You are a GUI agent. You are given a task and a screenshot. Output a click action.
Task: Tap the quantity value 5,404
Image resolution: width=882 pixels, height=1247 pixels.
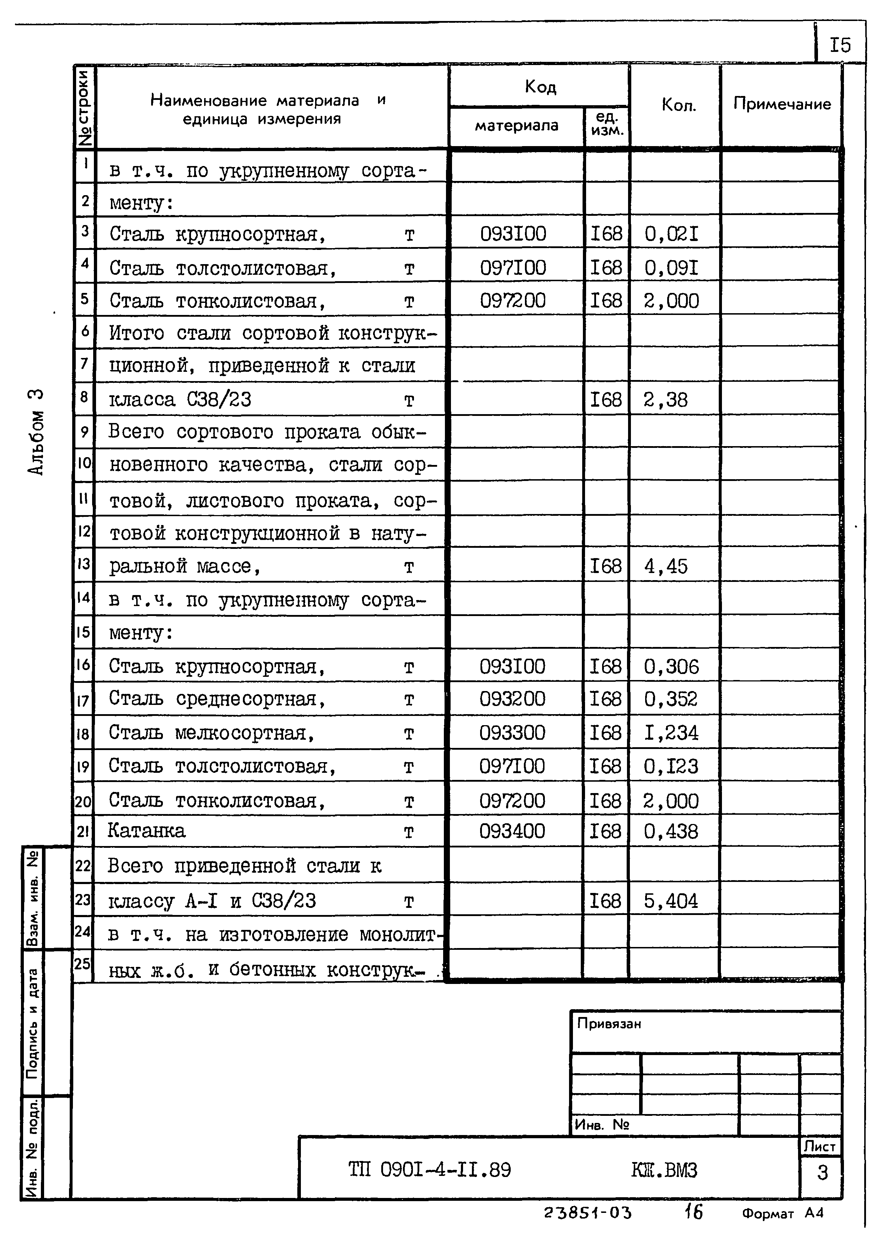(x=671, y=901)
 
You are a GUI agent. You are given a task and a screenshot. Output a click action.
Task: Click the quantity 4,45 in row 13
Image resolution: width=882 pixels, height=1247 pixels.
(x=666, y=567)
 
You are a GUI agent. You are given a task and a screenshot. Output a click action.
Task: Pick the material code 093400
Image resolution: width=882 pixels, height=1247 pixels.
(x=512, y=831)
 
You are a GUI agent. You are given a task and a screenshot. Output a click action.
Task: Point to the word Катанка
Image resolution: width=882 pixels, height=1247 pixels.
(x=147, y=830)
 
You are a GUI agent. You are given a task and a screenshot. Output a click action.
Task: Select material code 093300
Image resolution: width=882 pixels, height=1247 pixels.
(x=512, y=733)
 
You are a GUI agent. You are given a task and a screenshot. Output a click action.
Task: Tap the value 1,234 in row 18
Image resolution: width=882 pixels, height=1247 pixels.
(x=671, y=733)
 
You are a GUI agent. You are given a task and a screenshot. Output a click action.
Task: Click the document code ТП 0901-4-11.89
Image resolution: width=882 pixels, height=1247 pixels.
(x=429, y=1170)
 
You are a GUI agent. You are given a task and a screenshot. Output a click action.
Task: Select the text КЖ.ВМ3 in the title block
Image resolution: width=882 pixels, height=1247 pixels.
(x=664, y=1170)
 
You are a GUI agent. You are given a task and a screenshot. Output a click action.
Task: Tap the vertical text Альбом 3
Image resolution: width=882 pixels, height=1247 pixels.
(x=36, y=432)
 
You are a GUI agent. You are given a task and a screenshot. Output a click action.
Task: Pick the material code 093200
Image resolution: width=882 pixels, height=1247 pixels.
(x=512, y=699)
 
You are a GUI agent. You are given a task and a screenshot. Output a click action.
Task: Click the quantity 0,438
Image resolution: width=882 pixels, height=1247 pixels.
(x=671, y=831)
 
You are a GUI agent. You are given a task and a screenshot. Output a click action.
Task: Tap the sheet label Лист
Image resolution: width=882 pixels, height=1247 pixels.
(x=819, y=1146)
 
